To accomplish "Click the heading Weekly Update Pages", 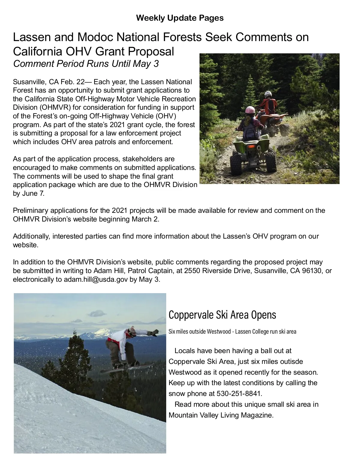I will tap(180, 18).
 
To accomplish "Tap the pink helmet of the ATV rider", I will tap(250, 110).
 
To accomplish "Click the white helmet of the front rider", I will tap(268, 94).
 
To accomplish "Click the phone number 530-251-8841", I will tap(239, 394).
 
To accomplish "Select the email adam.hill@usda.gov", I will tap(96, 279).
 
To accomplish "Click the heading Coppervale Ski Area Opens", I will tap(222, 315).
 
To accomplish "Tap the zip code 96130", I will tap(312, 271).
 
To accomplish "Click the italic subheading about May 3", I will tap(86, 64).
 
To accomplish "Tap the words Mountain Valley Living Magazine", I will tap(221, 415).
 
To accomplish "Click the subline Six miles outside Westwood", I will tap(199, 332).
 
